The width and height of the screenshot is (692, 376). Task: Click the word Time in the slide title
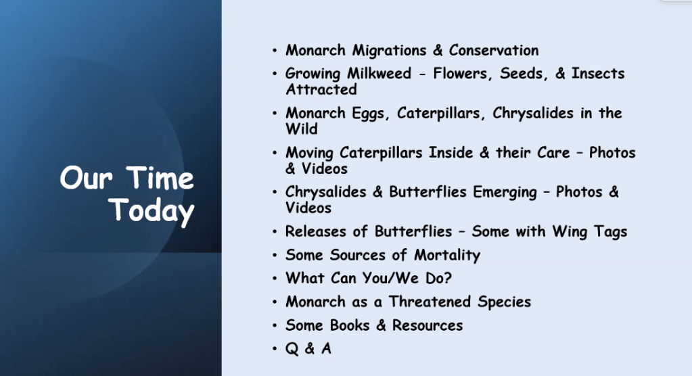[160, 178]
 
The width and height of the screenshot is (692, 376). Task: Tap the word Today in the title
[152, 211]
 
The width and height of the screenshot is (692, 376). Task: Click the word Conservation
[493, 50]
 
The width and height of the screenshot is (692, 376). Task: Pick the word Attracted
[321, 89]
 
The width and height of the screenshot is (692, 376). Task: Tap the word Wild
[302, 129]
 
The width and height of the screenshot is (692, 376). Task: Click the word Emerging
[505, 193]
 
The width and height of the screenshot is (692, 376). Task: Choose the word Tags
[609, 232]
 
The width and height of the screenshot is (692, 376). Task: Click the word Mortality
[446, 256]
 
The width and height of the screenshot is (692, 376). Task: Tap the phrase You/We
[390, 279]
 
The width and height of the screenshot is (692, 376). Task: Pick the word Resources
[428, 326]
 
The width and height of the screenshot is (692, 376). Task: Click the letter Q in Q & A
[292, 349]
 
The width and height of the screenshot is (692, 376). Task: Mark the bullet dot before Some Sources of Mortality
[275, 255]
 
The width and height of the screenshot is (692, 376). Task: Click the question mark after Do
[447, 278]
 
